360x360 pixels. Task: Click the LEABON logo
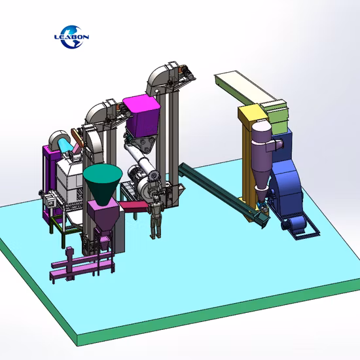[71, 37]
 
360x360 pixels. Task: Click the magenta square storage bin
[141, 116]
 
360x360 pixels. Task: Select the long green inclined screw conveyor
[221, 193]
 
